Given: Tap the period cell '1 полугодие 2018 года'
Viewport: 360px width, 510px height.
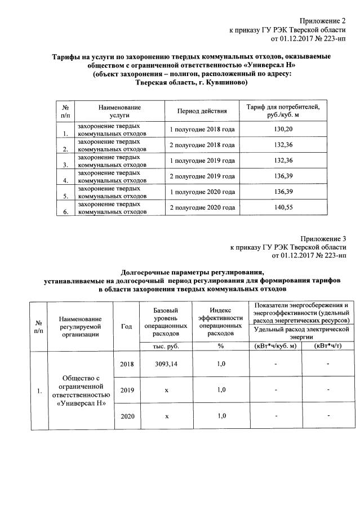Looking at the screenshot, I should click(x=202, y=130).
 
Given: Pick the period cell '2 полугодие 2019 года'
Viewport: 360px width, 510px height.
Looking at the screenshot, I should click(x=202, y=176).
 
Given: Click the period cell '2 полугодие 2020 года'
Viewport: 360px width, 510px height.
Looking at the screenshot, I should click(x=202, y=208).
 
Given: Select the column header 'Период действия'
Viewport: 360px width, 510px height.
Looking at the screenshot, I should click(x=202, y=111).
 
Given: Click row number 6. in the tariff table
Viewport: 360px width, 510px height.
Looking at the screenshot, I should click(x=66, y=212).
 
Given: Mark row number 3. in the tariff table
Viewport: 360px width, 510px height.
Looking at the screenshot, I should click(x=66, y=165).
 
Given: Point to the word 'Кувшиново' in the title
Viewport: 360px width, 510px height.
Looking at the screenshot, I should click(x=226, y=82).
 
